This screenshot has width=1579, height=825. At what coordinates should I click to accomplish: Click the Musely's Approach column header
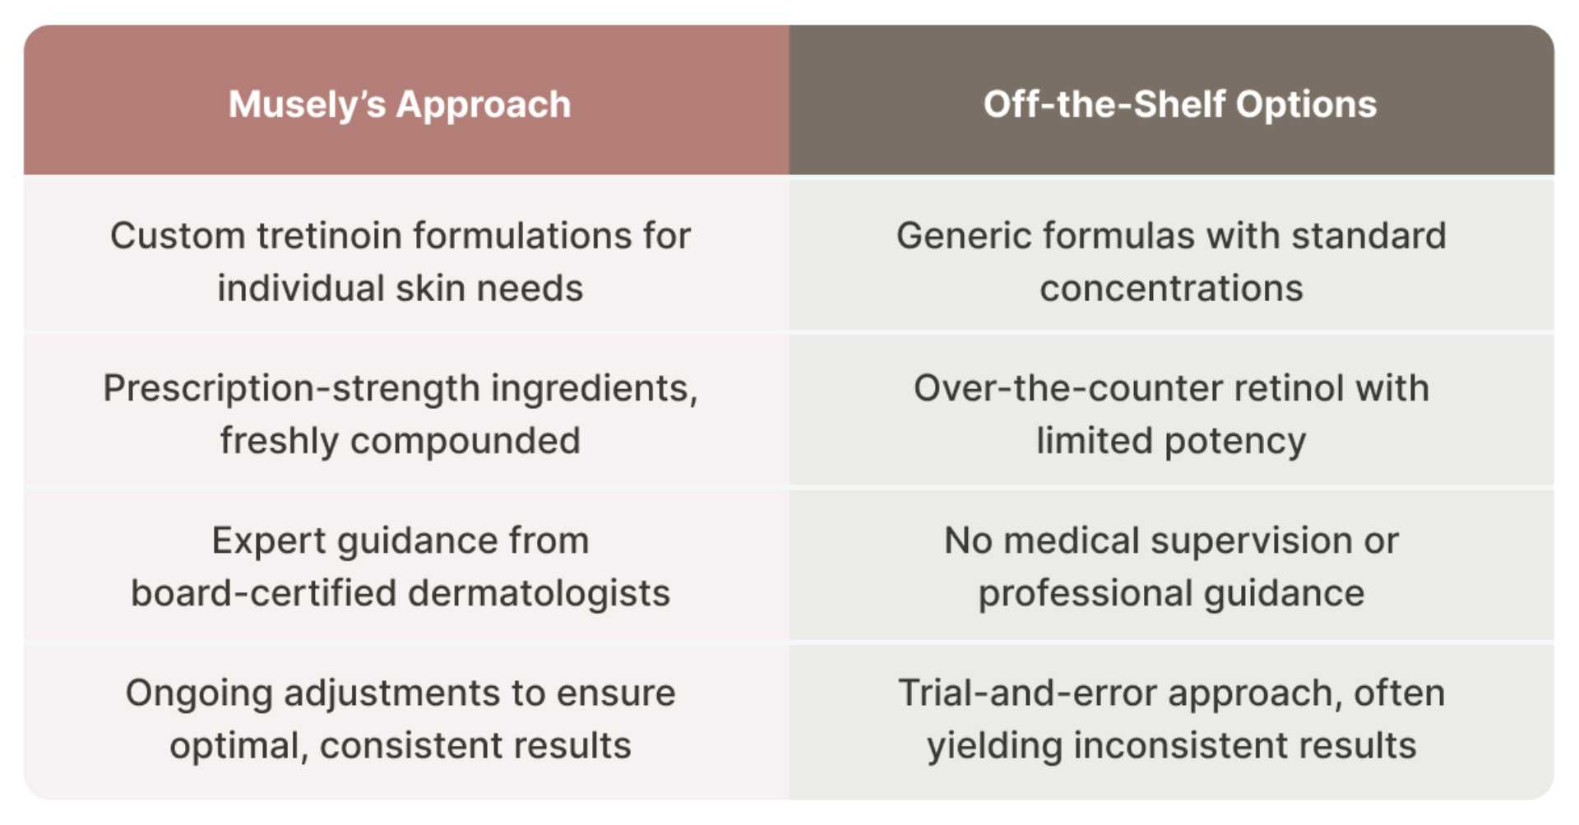400,104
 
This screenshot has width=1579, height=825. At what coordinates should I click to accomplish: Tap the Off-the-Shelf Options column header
1180,104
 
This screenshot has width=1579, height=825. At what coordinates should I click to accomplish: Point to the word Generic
964,236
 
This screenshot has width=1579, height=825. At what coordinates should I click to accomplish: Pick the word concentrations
1171,289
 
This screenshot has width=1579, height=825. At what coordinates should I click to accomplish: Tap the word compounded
465,442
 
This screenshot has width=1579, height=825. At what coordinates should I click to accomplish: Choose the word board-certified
264,594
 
